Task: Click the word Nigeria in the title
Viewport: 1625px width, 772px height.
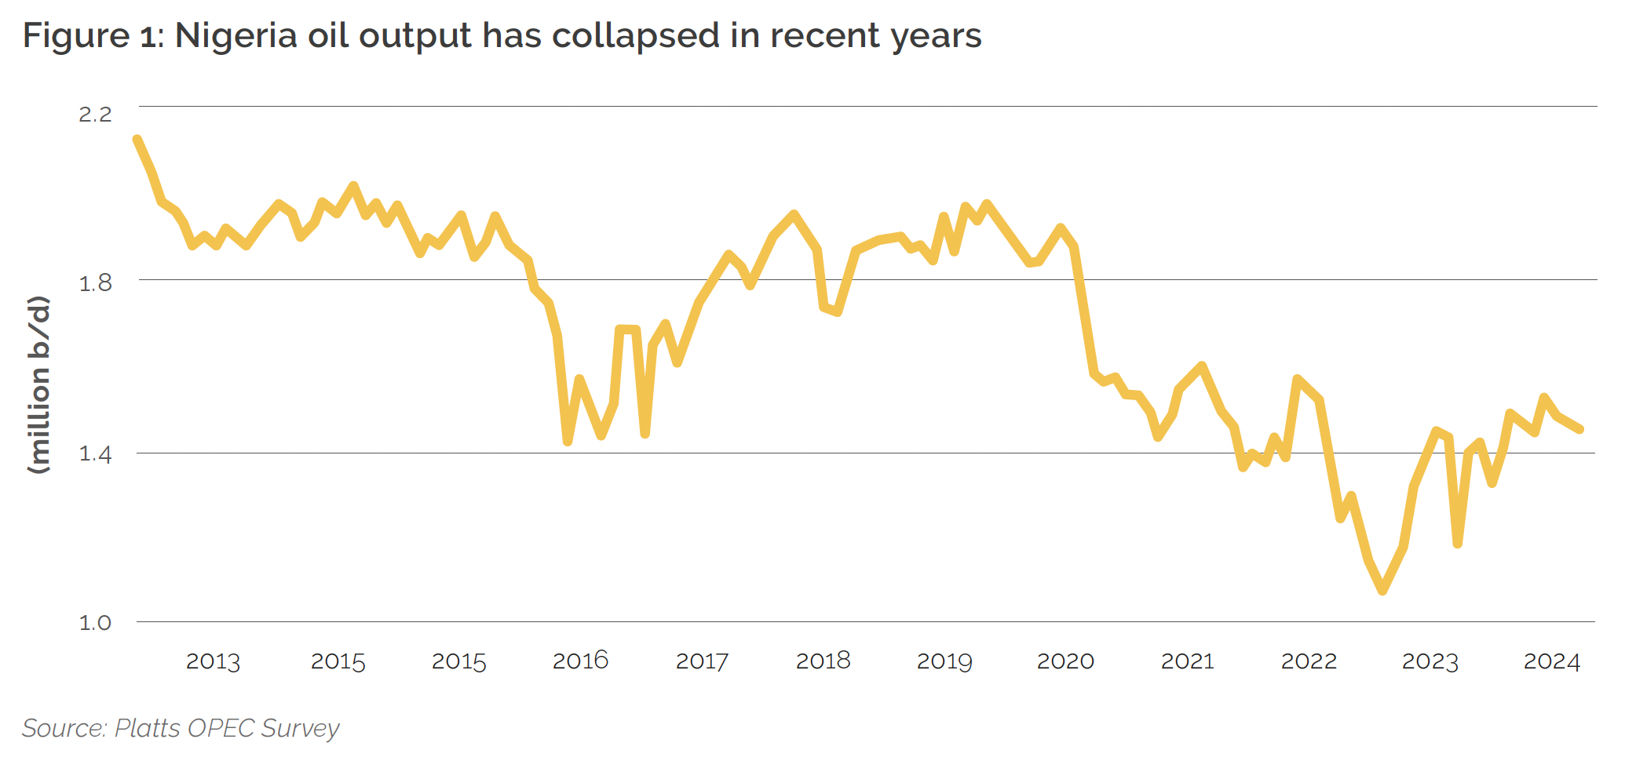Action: click(235, 36)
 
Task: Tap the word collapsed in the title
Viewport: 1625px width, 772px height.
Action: click(635, 36)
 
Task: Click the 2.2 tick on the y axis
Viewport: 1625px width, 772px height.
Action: click(95, 114)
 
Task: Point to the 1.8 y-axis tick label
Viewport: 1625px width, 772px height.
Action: click(95, 283)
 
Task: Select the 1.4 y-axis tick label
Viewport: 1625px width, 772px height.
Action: click(95, 453)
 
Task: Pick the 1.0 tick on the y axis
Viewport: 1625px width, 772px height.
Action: click(95, 623)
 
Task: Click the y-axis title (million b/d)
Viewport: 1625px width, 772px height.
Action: click(38, 384)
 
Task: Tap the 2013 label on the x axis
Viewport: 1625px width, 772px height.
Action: click(213, 662)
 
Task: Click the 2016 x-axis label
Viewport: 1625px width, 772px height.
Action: click(580, 661)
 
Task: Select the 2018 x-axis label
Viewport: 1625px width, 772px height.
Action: click(823, 661)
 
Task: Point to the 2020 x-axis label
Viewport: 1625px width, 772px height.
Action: click(1065, 661)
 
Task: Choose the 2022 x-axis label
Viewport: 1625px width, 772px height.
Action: click(1309, 661)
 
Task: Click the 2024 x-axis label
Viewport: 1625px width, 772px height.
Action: click(1551, 661)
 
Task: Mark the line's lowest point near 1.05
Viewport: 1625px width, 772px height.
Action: click(1382, 591)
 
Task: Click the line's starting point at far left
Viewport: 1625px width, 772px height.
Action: click(137, 140)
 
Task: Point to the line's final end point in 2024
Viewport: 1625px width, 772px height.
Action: click(1580, 429)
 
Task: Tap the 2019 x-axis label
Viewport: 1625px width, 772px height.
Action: click(944, 661)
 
